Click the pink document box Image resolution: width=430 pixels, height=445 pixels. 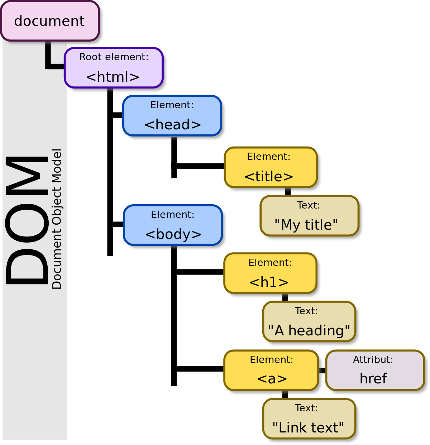[49, 21]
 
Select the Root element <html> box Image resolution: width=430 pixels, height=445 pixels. [114, 68]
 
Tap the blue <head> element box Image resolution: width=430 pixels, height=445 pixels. [172, 116]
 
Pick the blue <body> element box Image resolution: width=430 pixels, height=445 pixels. [173, 225]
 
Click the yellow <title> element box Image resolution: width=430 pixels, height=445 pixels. [271, 167]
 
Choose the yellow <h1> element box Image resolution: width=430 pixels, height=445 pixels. [270, 273]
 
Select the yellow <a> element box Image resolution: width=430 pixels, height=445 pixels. [271, 370]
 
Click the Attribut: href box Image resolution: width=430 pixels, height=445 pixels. [374, 370]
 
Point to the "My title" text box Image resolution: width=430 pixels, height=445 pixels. [309, 216]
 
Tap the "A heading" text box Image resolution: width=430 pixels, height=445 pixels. [309, 321]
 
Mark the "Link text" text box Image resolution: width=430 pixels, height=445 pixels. [309, 418]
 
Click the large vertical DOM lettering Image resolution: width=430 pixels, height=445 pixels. [27, 220]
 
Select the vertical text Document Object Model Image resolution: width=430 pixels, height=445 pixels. [57, 219]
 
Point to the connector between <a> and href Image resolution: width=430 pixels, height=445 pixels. [321, 370]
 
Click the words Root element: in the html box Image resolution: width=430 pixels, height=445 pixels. [114, 57]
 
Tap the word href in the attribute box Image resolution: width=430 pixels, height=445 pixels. [373, 379]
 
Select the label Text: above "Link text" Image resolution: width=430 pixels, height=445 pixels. [306, 408]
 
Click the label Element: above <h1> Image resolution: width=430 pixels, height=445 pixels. [270, 263]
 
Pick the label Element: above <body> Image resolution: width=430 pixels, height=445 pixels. [172, 215]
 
